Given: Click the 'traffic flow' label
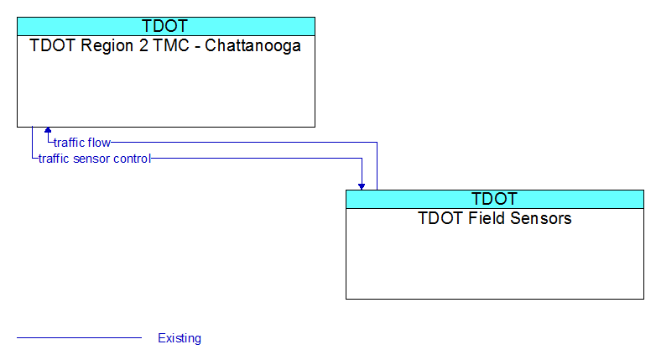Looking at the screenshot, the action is click(x=82, y=143).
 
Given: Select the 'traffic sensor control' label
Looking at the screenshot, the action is click(x=95, y=159).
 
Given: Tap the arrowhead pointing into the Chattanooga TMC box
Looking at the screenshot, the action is click(x=48, y=130).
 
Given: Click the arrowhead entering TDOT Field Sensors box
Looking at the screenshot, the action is click(x=362, y=186).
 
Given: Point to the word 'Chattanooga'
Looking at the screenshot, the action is click(x=253, y=45).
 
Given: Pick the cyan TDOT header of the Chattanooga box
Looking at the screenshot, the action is click(x=166, y=26).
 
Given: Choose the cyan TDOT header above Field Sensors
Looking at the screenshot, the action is click(x=495, y=199).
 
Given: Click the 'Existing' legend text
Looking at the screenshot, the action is click(x=180, y=338).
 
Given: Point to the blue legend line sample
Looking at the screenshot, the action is click(x=79, y=337).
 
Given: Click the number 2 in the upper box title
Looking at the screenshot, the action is click(x=144, y=45).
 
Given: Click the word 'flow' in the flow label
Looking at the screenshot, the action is click(x=99, y=143).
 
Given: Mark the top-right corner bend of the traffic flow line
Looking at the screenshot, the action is click(x=377, y=143).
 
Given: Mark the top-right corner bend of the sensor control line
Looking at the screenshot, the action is click(x=362, y=159).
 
